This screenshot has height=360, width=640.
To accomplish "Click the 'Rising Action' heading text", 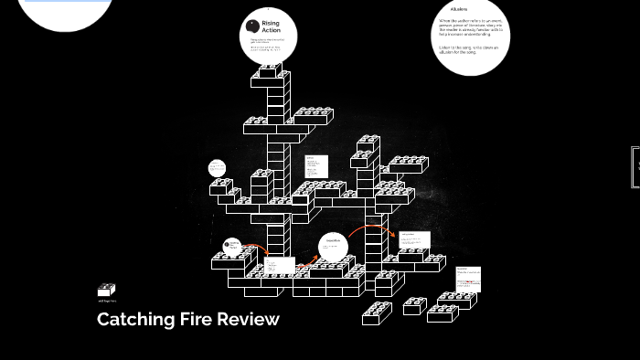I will tap(272, 26).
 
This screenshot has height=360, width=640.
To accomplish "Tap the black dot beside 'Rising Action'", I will tap(253, 26).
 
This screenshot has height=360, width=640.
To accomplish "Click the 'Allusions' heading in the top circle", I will tap(459, 10).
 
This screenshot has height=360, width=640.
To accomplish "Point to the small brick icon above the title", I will tap(107, 291).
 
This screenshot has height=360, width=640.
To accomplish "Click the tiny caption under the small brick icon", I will tap(107, 301).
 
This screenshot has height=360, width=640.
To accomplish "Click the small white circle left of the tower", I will tap(217, 168).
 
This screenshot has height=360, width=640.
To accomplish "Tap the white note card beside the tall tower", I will tap(316, 166).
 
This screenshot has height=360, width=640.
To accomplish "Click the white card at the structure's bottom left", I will tap(279, 266).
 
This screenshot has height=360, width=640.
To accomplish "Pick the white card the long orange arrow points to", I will tap(414, 240).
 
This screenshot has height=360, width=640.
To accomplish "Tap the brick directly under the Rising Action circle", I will tap(272, 77).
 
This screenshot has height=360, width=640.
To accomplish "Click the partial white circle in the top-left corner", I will tap(66, 11).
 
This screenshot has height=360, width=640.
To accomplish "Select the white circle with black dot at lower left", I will tap(233, 246).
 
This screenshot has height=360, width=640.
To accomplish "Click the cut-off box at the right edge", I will tap(635, 167).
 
